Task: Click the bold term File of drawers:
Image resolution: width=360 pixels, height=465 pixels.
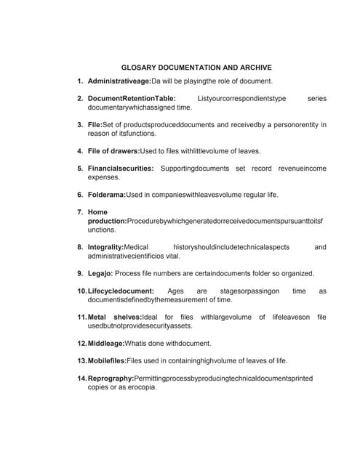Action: [x=113, y=151]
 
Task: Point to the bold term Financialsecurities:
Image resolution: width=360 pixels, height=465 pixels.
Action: [x=120, y=169]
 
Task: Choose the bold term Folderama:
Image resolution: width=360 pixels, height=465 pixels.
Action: [x=106, y=195]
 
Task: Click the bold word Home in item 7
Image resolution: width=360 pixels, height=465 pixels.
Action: [x=97, y=212]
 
